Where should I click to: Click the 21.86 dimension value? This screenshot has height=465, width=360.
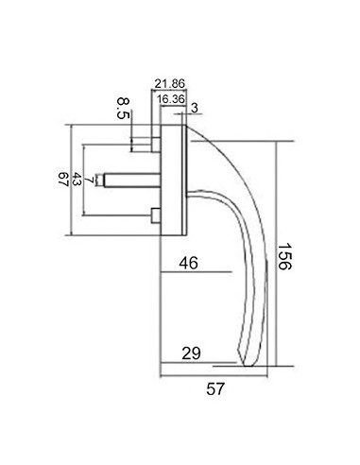(169, 84)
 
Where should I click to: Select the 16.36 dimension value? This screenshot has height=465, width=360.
(171, 99)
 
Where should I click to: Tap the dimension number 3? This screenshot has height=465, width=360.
(195, 108)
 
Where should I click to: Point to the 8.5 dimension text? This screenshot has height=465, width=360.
(123, 108)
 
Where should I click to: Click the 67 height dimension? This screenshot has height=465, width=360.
(63, 179)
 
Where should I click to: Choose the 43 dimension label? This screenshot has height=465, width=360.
(77, 179)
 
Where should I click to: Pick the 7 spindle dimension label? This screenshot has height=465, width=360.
(90, 180)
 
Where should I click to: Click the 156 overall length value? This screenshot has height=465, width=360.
(284, 256)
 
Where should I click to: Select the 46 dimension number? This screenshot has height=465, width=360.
(188, 263)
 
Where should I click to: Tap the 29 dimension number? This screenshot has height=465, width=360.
(191, 353)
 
